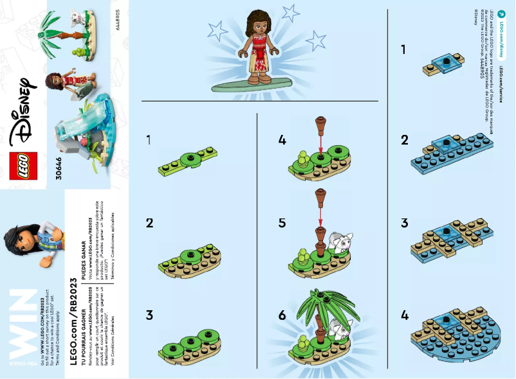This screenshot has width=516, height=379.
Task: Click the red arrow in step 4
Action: pos(320,143)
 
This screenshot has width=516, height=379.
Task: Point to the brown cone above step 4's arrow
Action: pos(320,123)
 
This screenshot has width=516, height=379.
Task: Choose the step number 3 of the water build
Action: pos(405,223)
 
